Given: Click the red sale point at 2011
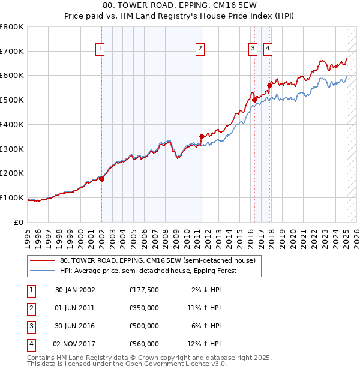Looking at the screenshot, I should click(202, 137).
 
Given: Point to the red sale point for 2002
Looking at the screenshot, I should click(102, 179).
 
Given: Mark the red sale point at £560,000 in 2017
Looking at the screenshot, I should click(270, 85).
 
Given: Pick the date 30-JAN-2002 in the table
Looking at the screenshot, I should click(75, 290).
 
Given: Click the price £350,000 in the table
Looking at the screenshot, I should click(144, 308).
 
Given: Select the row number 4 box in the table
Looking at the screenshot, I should click(29, 344).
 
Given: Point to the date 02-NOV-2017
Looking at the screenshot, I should click(75, 344).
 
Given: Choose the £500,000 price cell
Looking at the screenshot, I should click(144, 326).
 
